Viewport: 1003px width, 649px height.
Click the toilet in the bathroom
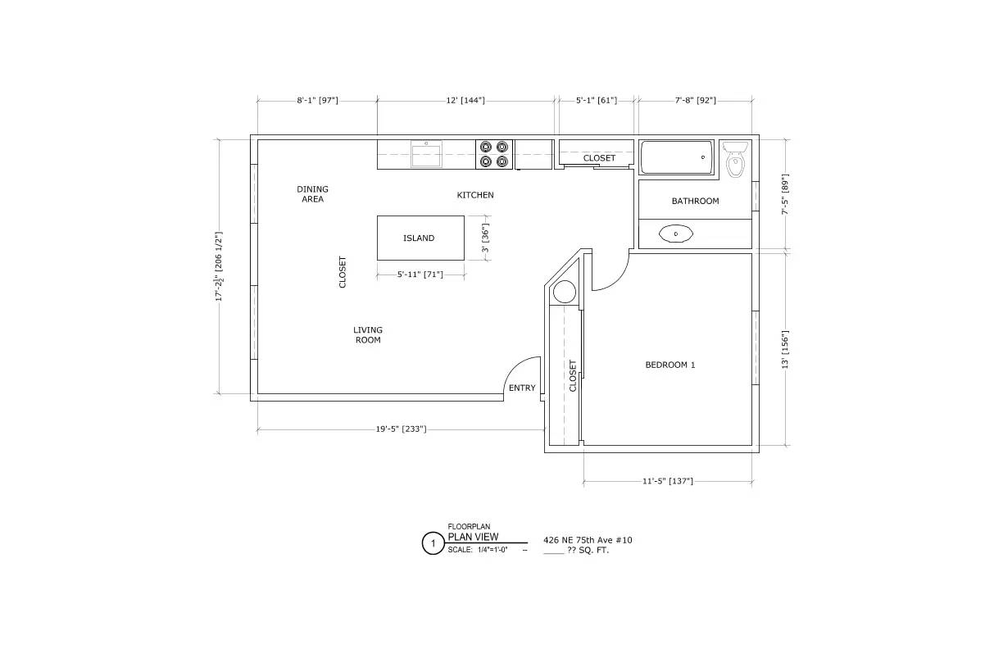[736, 161]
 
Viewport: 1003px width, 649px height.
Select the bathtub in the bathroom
[676, 157]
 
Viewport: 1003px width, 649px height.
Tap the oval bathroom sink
[676, 234]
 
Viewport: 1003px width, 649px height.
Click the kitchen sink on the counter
[426, 153]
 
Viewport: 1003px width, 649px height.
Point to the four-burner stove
[493, 154]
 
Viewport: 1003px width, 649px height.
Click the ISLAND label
[419, 238]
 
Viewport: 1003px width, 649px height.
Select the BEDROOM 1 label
[669, 365]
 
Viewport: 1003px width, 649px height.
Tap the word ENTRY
[522, 388]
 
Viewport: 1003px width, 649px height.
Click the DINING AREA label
[312, 194]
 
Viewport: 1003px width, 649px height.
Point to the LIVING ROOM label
[368, 335]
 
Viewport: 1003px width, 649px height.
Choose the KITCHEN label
[475, 195]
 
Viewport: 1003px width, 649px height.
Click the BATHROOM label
[695, 201]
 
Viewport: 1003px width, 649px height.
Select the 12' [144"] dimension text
[465, 100]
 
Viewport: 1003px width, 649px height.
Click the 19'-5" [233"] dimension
[401, 429]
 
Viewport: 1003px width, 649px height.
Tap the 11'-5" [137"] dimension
[668, 481]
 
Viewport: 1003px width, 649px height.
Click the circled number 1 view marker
[433, 543]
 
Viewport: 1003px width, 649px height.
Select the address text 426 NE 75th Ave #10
[588, 540]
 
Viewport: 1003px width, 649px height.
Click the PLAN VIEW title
[473, 537]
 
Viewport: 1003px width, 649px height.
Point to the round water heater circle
[565, 292]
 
